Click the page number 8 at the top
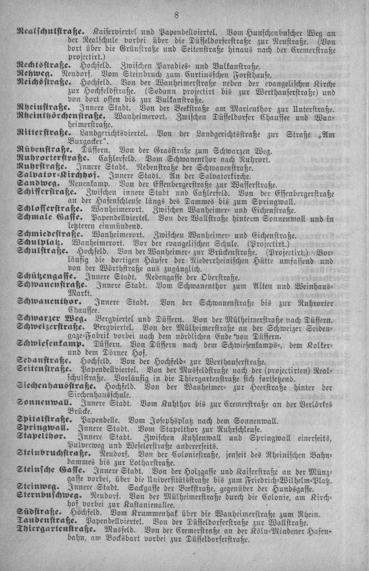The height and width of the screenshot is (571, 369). [x=176, y=16]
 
